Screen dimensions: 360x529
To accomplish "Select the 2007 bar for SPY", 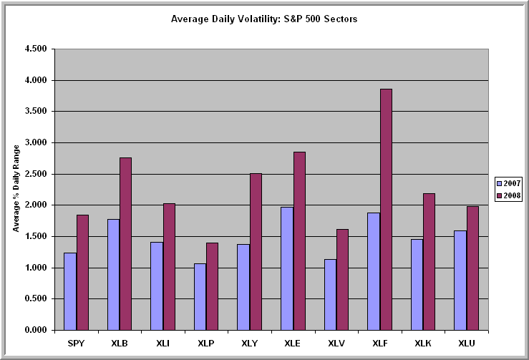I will (69, 291).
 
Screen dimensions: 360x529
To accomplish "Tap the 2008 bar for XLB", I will (125, 243).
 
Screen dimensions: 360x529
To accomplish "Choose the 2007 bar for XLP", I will (200, 296).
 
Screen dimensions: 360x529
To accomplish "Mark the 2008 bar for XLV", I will (342, 279).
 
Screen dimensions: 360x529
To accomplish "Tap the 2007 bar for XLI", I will (156, 286).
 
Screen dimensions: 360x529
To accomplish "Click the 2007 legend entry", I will (509, 182).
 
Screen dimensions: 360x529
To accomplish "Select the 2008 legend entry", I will (509, 195).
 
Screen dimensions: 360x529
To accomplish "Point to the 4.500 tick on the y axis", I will (34, 49).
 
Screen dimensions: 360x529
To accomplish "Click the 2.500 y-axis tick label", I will (34, 174).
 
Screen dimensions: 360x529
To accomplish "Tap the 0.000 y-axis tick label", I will (34, 330).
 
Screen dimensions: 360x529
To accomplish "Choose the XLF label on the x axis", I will (379, 344).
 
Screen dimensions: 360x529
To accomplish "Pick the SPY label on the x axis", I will (76, 344).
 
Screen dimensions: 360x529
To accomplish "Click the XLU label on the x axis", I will (466, 344).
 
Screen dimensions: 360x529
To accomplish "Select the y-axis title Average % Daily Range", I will (16, 190).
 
